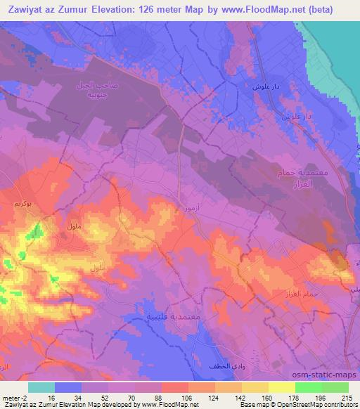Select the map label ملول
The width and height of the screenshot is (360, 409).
tap(71, 226)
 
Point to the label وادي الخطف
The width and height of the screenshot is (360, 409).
tap(226, 368)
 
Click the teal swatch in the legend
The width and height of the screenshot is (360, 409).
tap(41, 387)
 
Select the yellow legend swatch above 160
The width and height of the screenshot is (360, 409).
tap(255, 387)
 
